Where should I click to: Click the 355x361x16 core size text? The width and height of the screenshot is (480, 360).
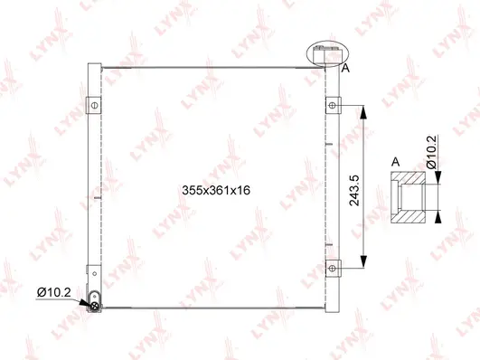point(215,190)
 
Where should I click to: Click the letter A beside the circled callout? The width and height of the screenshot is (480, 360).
point(345,67)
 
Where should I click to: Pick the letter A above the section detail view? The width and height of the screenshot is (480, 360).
point(395,162)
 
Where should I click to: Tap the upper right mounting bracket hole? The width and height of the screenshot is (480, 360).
point(333,107)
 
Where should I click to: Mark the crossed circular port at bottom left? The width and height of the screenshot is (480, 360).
point(95,305)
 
